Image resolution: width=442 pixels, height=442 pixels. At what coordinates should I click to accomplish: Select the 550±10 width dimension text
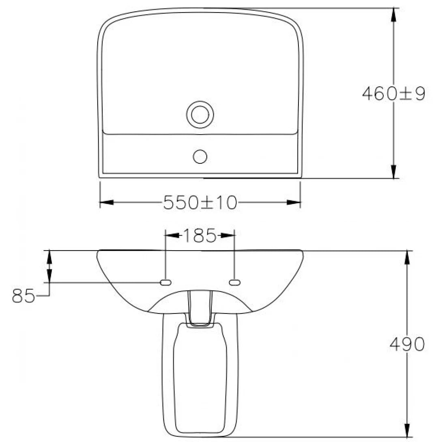pos(200,202)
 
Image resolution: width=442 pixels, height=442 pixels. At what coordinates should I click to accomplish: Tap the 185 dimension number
pos(200,235)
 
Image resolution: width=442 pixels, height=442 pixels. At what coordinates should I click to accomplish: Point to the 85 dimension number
pos(23,296)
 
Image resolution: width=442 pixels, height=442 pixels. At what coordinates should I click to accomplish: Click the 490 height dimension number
pos(407,344)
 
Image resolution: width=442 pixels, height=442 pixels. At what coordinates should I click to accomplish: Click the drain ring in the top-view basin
pos(200,114)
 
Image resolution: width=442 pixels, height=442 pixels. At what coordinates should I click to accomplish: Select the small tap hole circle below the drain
pos(200,156)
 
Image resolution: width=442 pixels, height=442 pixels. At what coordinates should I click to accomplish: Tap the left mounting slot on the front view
pos(165,282)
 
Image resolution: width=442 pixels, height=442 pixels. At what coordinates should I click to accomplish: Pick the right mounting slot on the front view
pos(235,282)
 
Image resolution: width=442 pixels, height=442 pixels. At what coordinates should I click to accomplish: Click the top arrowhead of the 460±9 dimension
pos(393,15)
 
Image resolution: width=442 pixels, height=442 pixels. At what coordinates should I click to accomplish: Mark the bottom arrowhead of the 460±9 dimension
pos(393,172)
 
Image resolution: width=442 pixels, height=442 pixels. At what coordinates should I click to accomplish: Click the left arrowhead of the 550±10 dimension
pos(107,202)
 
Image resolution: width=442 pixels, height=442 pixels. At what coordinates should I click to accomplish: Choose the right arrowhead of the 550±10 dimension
pos(294,202)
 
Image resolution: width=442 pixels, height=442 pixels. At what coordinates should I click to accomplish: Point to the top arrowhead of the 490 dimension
pos(407,257)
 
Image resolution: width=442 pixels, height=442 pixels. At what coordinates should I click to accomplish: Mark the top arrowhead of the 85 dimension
pos(49,257)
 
